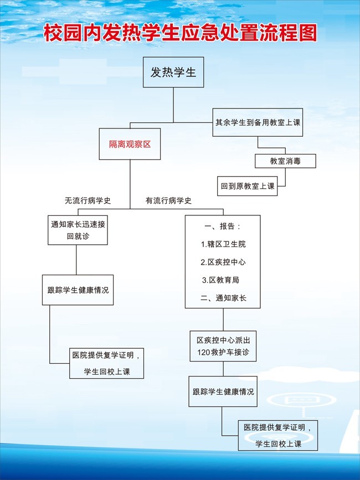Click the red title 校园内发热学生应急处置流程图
180,33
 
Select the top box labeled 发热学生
173,72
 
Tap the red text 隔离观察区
130,144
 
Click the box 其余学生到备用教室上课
258,122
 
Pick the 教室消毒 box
285,161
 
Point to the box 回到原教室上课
248,186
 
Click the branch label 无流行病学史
88,200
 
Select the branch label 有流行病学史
168,200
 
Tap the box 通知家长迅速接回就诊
78,230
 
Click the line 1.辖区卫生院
223,244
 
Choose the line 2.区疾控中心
223,262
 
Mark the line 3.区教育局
221,280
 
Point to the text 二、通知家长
223,298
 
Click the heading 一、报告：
223,226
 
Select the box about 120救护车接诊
223,346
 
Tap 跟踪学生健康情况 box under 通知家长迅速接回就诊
78,290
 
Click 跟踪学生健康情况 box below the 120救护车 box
223,391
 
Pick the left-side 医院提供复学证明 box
106,363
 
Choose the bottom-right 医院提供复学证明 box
278,435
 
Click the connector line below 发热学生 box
173,105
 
